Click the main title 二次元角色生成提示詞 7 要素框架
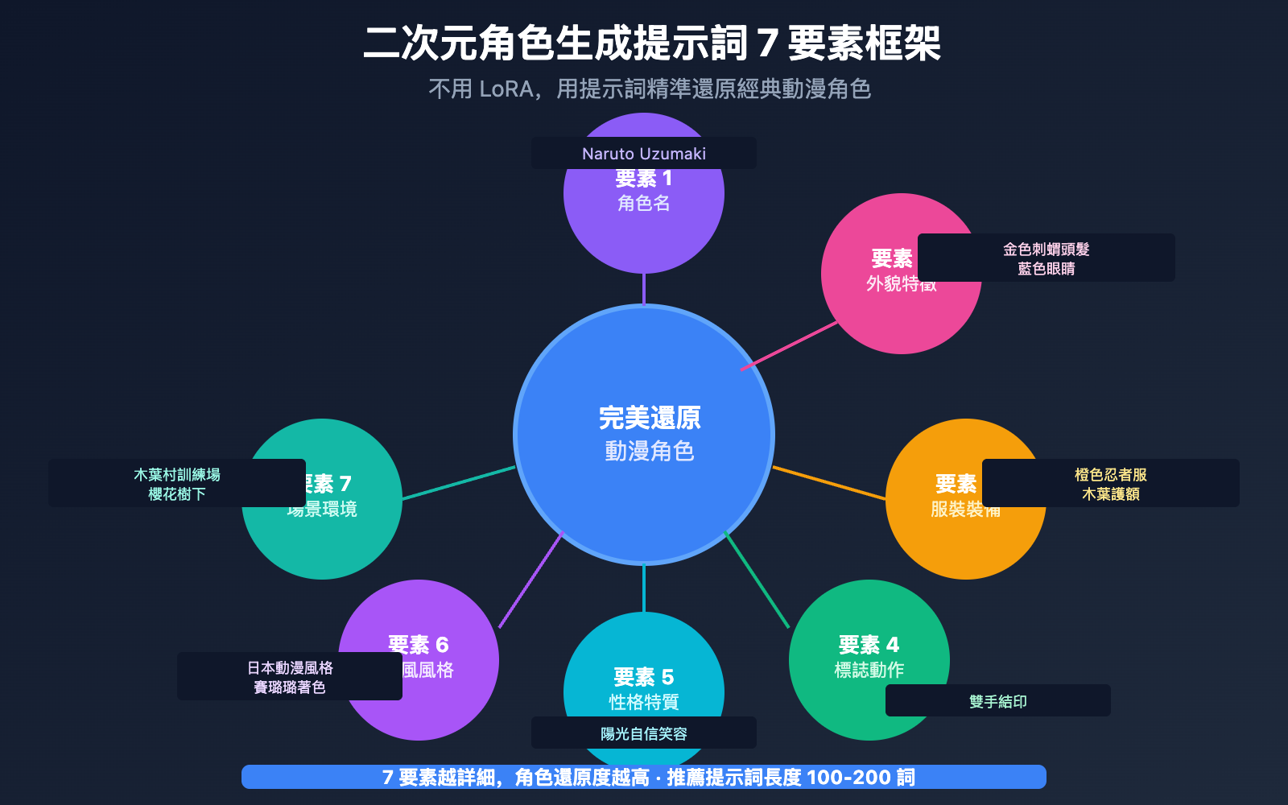pyautogui.click(x=652, y=43)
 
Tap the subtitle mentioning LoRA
pyautogui.click(x=650, y=89)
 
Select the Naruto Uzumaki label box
pyautogui.click(x=644, y=153)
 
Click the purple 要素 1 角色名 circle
pyautogui.click(x=644, y=217)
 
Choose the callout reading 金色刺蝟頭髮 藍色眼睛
pyautogui.click(x=1046, y=258)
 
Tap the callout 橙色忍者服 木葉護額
pyautogui.click(x=1111, y=483)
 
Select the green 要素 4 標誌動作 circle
pyautogui.click(x=853, y=644)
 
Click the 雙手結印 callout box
pyautogui.click(x=998, y=700)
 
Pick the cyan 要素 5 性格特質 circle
pyautogui.click(x=644, y=668)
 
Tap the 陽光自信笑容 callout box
pyautogui.click(x=644, y=733)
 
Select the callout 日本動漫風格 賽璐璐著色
pyautogui.click(x=290, y=676)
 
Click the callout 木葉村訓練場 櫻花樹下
pyautogui.click(x=177, y=483)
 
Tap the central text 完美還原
pyautogui.click(x=650, y=418)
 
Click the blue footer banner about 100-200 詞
pyautogui.click(x=644, y=777)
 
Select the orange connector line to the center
pyautogui.click(x=829, y=483)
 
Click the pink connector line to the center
pyautogui.click(x=789, y=346)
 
